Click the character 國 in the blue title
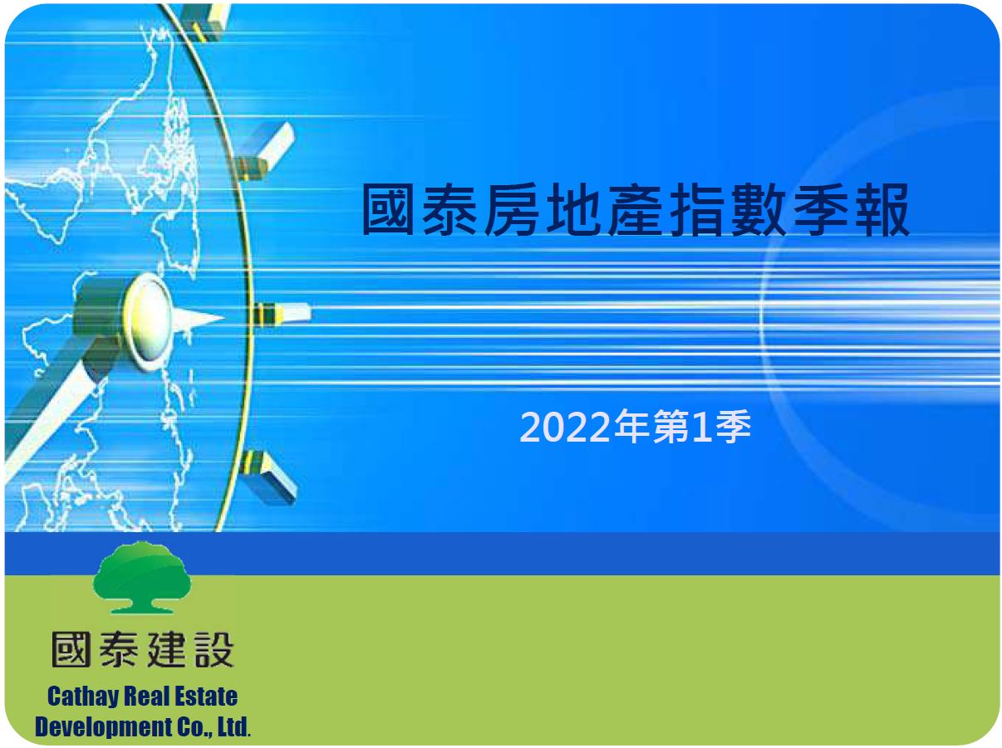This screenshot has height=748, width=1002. [387, 209]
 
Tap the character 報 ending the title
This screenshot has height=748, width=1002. [882, 209]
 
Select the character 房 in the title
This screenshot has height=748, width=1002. [511, 209]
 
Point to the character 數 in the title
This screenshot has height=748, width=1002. [759, 209]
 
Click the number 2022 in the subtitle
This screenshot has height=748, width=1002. [565, 427]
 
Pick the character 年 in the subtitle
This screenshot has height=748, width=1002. [631, 426]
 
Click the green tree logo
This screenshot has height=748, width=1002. [142, 576]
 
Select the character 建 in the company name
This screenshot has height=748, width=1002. [167, 649]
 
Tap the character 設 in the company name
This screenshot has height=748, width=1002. [214, 649]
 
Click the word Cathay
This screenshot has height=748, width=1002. [82, 697]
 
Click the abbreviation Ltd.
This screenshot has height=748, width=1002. [233, 726]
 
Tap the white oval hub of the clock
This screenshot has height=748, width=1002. [149, 320]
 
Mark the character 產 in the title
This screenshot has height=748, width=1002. [635, 209]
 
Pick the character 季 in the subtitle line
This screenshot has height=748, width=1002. [734, 426]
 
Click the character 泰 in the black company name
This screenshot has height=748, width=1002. [118, 649]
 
